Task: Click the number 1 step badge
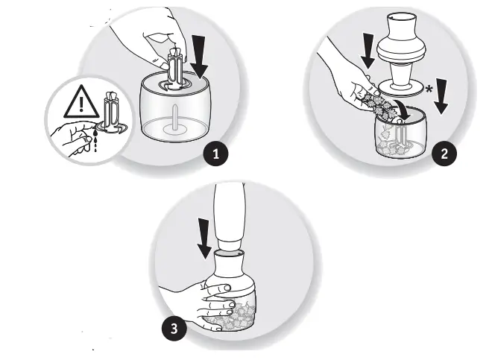(x=216, y=154)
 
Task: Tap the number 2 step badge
(x=444, y=154)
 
